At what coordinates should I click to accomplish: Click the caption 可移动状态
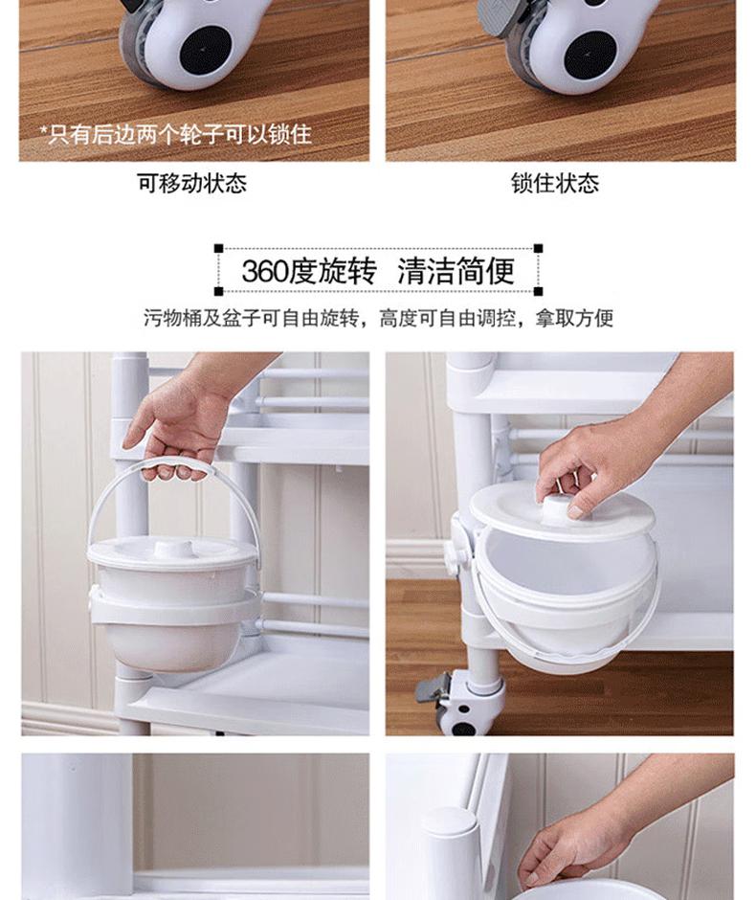[x=191, y=183]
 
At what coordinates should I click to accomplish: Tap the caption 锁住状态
[x=555, y=183]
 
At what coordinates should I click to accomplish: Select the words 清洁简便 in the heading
[x=456, y=271]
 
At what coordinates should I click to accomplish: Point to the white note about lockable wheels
[x=175, y=134]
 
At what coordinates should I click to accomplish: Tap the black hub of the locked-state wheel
[x=589, y=56]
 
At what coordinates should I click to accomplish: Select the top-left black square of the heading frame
[x=218, y=249]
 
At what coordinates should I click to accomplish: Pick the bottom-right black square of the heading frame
[x=538, y=291]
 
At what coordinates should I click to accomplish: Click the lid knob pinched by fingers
[x=559, y=510]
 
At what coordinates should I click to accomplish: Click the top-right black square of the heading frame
[x=538, y=249]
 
